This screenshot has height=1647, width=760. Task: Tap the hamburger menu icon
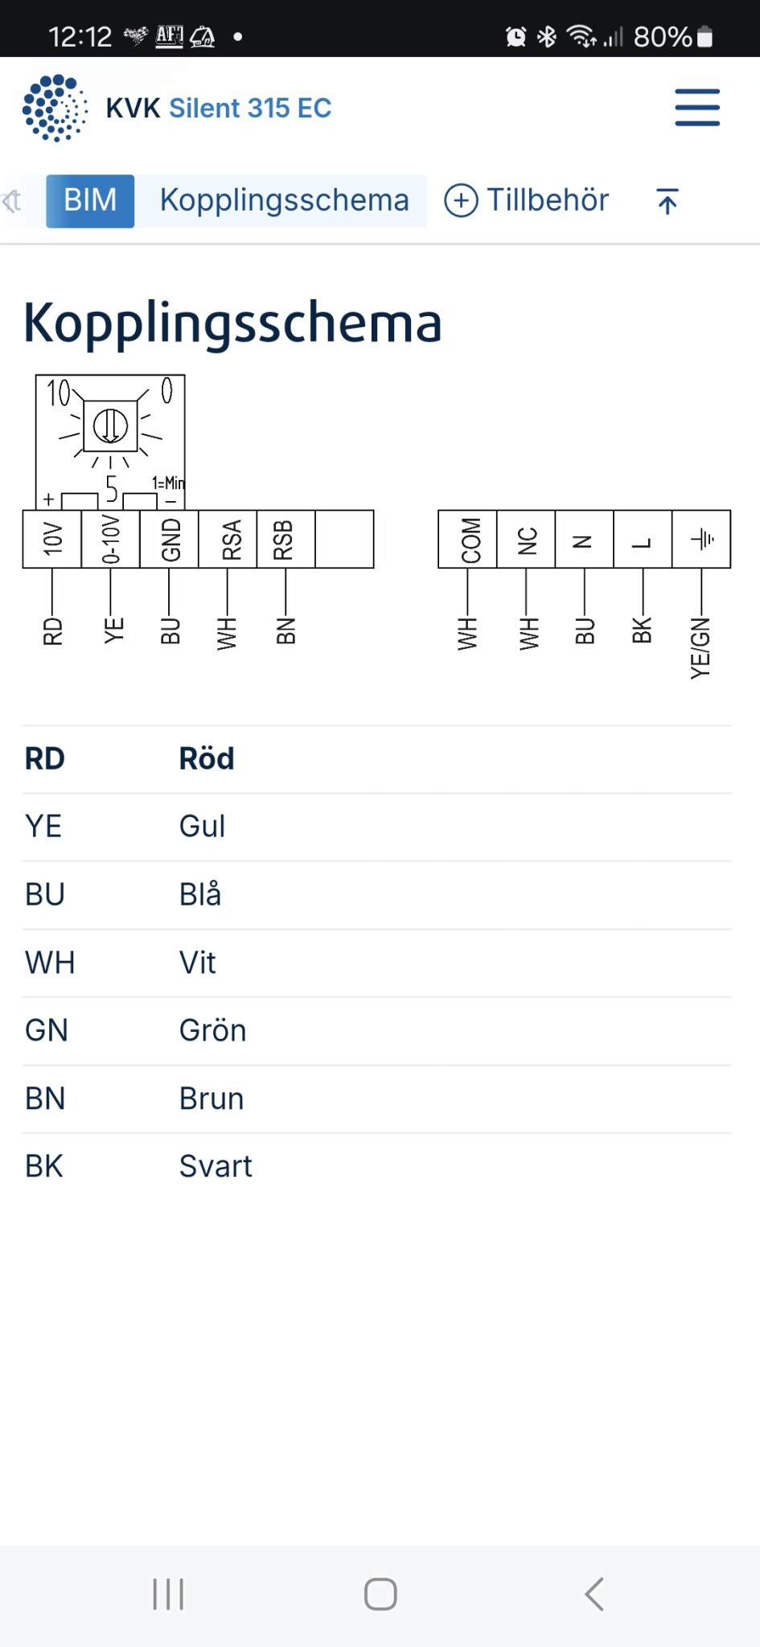(696, 108)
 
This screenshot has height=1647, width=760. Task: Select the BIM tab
(90, 201)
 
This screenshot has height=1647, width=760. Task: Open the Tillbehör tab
(528, 200)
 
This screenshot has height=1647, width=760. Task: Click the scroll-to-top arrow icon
(667, 201)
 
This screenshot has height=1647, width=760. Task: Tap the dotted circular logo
(55, 108)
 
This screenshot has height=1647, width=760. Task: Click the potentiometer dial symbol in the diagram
(110, 425)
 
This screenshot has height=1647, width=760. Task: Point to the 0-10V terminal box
(110, 539)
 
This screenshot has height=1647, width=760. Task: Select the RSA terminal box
(228, 539)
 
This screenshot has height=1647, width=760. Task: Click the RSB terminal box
(286, 539)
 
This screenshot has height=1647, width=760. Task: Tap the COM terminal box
(467, 539)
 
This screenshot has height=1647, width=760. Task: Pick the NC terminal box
(526, 539)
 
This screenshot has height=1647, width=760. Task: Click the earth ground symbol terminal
(701, 539)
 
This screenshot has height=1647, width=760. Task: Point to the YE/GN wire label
(700, 648)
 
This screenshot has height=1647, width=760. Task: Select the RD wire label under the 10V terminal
(52, 631)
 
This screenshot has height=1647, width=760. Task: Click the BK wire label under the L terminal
(642, 630)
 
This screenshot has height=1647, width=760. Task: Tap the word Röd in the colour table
(207, 758)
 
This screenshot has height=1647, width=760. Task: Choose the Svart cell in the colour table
(216, 1166)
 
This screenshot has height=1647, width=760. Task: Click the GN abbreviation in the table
(47, 1030)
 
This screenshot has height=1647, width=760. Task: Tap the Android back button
(594, 1594)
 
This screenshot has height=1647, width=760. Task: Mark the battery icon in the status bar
(705, 37)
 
